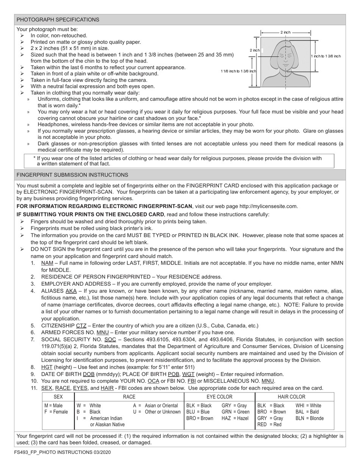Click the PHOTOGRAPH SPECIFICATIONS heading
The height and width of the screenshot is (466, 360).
58,20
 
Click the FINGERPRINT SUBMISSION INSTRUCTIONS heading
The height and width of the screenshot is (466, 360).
72,175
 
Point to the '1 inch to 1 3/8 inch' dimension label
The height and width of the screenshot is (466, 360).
326,56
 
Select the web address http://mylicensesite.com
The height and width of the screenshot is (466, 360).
265,206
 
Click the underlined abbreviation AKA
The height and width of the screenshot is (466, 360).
71,291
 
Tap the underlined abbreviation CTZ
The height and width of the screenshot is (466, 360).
81,325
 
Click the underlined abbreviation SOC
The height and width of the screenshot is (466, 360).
110,339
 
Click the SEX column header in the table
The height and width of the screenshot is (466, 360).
58,397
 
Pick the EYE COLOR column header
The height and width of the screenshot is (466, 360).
219,397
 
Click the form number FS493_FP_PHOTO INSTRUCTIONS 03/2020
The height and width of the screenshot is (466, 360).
63,452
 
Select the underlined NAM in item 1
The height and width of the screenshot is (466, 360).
47,263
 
